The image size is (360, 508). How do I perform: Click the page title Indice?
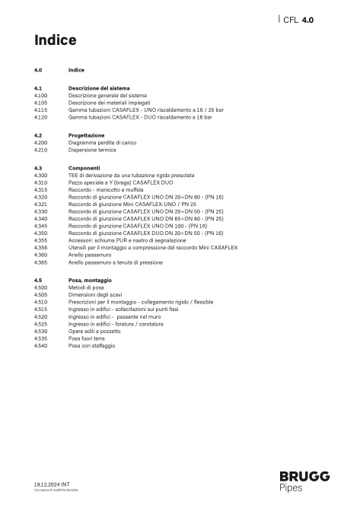tap(56, 40)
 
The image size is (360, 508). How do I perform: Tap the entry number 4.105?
tap(41, 102)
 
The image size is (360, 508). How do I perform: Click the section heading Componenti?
tap(84, 168)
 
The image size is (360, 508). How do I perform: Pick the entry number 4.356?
tap(41, 248)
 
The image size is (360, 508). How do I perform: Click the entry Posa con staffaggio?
tap(92, 346)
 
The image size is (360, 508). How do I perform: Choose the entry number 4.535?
tap(41, 339)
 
